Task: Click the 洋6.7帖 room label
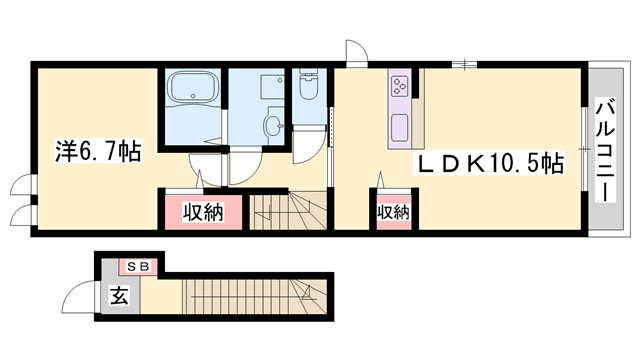[97, 151]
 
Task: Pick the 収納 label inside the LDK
[393, 211]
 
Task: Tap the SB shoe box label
[137, 266]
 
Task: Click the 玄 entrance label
[118, 296]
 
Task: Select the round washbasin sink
[272, 125]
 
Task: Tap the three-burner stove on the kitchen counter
[399, 86]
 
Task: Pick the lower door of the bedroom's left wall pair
[22, 214]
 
